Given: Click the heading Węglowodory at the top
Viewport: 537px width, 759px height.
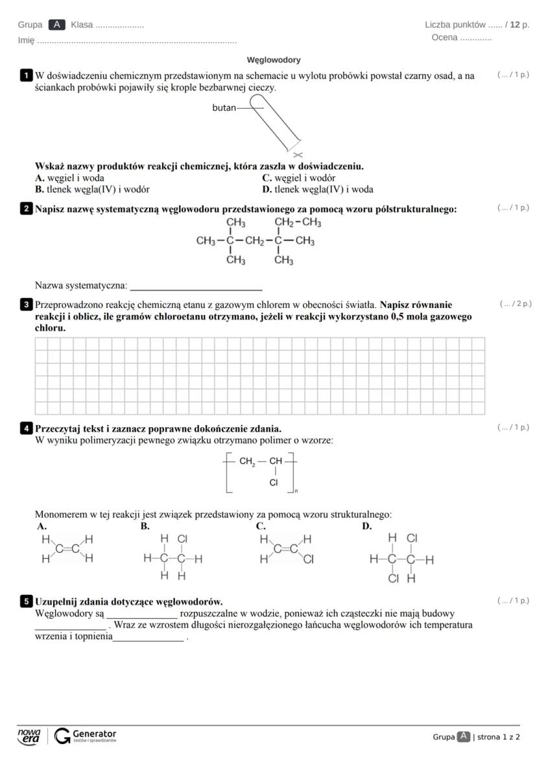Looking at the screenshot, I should (274, 60).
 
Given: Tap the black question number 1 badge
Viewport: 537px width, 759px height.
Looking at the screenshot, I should (27, 76).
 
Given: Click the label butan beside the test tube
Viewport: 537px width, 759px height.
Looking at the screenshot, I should (224, 108).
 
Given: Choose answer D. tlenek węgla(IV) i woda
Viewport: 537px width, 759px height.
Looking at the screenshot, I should (317, 190).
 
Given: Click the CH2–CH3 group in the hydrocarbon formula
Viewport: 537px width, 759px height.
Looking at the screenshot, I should (298, 223).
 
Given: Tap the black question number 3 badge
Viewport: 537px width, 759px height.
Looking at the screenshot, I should (27, 305).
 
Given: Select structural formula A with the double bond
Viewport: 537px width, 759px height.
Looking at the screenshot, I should (67, 548).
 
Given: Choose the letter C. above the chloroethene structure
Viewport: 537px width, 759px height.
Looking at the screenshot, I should (261, 526).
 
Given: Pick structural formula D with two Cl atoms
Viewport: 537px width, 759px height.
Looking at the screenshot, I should (401, 558).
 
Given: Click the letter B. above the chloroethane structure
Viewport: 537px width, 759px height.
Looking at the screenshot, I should (145, 526).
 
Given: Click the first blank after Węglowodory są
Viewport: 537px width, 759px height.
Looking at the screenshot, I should (142, 614).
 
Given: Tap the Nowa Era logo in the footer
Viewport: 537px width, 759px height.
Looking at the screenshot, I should (29, 736).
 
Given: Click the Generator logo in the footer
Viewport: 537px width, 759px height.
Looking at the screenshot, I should (86, 736).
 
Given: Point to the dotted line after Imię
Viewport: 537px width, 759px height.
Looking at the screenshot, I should (137, 41).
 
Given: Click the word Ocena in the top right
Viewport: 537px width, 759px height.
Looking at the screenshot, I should (444, 38).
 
